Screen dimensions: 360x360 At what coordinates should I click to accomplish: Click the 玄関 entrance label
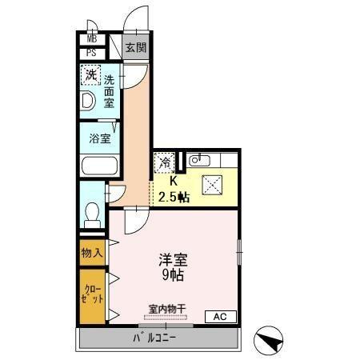pyautogui.click(x=134, y=48)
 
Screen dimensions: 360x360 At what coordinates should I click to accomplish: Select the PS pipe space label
pyautogui.click(x=91, y=54)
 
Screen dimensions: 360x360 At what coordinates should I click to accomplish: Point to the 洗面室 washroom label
pyautogui.click(x=110, y=91)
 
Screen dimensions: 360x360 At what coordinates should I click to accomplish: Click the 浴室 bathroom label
pyautogui.click(x=99, y=138)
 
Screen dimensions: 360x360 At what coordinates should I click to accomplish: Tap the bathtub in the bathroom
pyautogui.click(x=99, y=168)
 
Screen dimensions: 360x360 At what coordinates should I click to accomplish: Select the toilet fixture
pyautogui.click(x=92, y=214)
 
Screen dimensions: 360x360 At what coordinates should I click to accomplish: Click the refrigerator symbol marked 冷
pyautogui.click(x=163, y=162)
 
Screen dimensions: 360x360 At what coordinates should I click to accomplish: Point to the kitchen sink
pyautogui.click(x=197, y=161)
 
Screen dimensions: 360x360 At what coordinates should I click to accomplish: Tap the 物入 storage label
pyautogui.click(x=91, y=253)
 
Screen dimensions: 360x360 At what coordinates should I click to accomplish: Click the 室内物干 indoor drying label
pyautogui.click(x=166, y=309)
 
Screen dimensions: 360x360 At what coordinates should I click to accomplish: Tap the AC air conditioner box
pyautogui.click(x=220, y=317)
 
